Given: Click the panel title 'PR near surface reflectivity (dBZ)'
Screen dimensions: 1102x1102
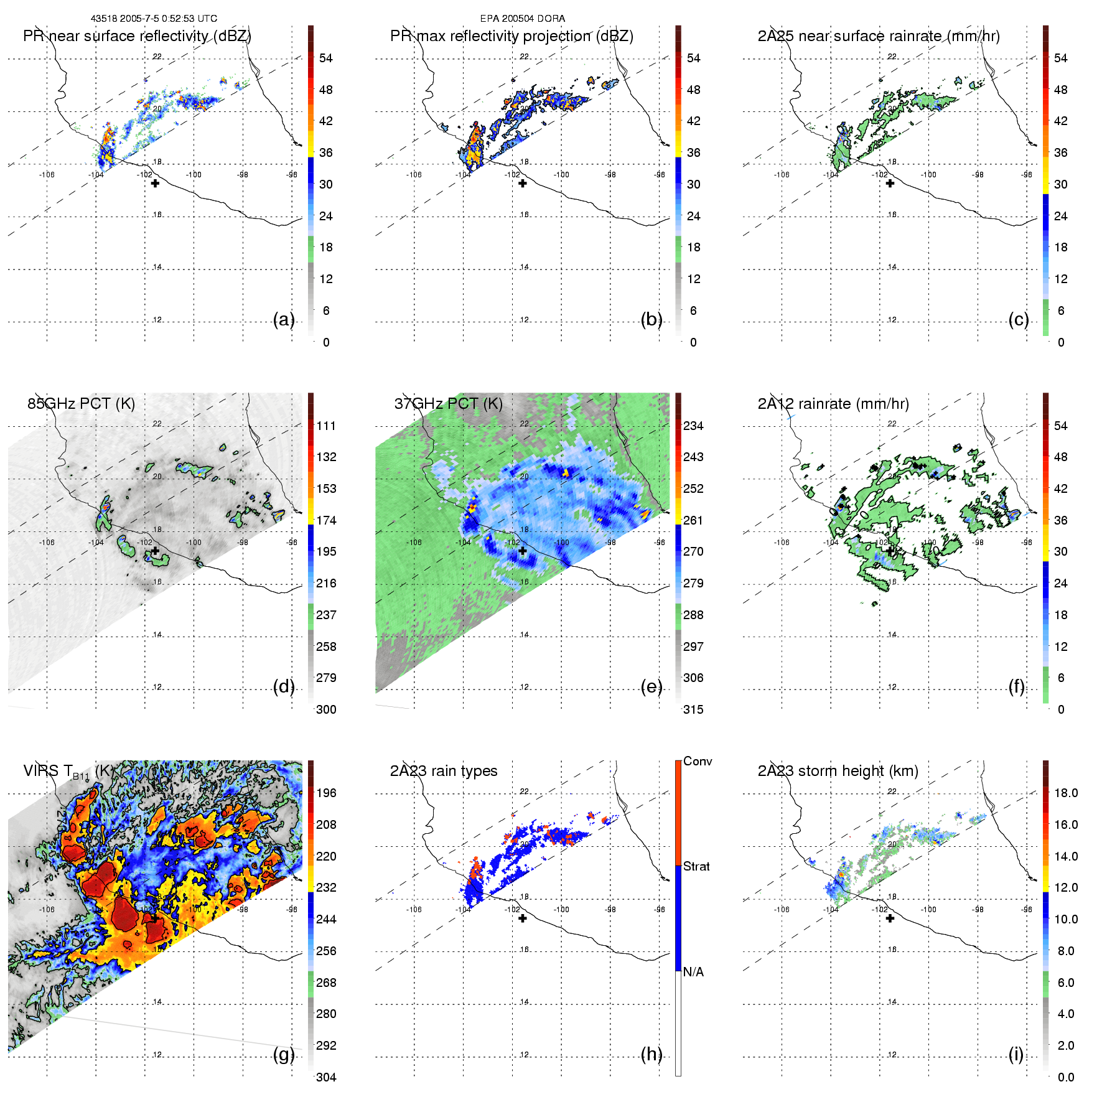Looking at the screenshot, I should coord(137,36).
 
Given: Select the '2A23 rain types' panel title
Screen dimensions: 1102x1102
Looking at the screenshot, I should coord(443,771).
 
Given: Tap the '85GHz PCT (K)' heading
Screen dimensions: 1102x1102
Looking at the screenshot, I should coord(81,404).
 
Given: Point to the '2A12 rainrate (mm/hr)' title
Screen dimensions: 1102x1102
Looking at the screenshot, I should coord(833,404).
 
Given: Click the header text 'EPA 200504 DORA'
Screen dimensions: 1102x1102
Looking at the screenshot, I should coord(522,19).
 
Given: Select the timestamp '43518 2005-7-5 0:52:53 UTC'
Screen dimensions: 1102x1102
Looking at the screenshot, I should coord(154,19).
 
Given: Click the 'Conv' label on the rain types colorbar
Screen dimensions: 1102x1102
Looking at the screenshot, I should coord(697,762).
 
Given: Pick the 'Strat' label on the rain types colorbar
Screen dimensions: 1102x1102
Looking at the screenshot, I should coord(696,866).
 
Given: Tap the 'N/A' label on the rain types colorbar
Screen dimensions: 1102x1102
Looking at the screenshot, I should coord(693,972).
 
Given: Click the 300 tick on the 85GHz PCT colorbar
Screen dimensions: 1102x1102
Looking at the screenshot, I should coord(326,709).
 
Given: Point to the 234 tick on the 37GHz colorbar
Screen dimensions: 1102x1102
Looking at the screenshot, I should coord(693,426).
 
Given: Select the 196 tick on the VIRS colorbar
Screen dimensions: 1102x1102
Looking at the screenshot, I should coord(326,793).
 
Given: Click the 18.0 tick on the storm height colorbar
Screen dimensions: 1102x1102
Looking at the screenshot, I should coord(1065,793).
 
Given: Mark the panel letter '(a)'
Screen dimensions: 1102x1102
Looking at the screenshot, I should coord(284,319).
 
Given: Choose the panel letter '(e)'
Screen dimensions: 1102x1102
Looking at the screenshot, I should coord(651,686).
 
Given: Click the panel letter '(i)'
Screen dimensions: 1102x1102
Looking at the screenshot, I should coord(1016,1054).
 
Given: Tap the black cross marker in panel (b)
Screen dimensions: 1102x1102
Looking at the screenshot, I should coord(523,183).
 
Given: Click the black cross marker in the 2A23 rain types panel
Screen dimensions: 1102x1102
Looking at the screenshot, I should coord(523,918).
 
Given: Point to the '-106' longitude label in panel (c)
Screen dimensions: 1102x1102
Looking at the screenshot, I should coord(782,175).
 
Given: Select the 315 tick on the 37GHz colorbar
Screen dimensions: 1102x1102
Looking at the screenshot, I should coord(693,709).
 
